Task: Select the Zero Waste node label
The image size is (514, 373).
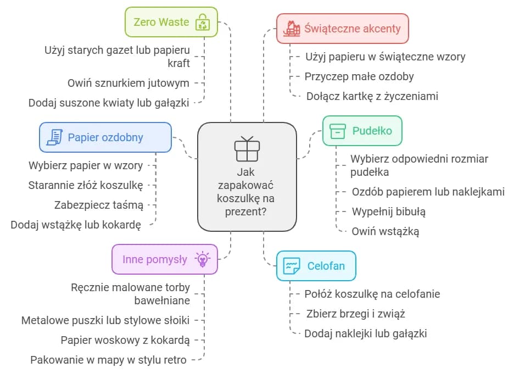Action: tap(161, 23)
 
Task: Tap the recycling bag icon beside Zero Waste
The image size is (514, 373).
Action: tap(203, 23)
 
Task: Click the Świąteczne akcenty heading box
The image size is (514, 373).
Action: tap(342, 29)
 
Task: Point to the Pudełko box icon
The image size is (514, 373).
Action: tap(337, 131)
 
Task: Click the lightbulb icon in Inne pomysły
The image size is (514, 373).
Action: tap(203, 259)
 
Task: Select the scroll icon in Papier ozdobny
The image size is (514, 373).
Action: tap(54, 137)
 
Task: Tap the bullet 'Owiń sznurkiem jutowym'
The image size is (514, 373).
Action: tap(128, 83)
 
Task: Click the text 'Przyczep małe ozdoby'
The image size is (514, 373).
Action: tap(359, 76)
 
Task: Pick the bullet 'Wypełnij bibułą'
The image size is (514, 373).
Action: tap(388, 211)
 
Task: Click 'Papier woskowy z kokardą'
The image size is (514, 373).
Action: tap(125, 340)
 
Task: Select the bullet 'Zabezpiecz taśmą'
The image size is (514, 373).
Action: tap(99, 205)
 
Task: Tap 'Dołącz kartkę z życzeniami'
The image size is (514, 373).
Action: tap(372, 96)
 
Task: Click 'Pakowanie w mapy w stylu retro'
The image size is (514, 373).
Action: tap(108, 360)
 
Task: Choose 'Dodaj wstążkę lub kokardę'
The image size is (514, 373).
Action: tap(76, 225)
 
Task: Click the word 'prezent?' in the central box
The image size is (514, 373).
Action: tap(247, 211)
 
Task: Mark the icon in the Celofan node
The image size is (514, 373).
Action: tap(292, 266)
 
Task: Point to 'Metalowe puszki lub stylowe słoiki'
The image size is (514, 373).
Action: tap(105, 320)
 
